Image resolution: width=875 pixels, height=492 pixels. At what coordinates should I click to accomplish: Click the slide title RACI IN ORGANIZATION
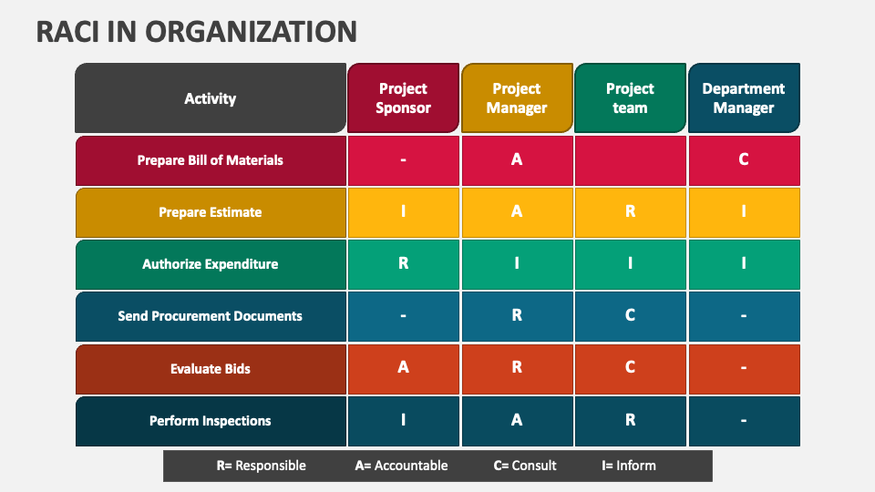196,31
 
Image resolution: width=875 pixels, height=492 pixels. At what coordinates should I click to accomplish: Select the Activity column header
211,98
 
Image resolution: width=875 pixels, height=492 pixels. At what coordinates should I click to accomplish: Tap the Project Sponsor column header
403,98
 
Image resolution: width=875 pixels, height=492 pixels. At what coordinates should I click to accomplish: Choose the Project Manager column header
517,98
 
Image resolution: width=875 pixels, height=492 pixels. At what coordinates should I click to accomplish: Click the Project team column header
630,98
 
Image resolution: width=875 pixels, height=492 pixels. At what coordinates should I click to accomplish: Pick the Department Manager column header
744,98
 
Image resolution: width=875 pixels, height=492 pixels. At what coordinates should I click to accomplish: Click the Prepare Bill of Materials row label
211,160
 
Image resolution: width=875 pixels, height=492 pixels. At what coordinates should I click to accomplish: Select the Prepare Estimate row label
211,212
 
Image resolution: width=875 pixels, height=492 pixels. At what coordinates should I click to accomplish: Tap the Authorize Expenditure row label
211,264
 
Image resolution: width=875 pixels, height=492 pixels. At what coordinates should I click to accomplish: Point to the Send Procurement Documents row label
211,316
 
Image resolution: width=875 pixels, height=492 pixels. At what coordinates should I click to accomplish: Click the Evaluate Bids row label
211,369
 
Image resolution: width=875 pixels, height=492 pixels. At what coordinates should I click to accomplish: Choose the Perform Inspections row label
211,421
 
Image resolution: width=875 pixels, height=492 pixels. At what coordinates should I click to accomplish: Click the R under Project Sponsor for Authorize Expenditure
403,264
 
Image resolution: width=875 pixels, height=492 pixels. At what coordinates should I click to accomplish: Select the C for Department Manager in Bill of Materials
744,160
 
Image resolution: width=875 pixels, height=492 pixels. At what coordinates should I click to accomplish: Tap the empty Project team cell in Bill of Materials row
630,160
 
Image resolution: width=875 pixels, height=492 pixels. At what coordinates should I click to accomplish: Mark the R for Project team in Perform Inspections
630,421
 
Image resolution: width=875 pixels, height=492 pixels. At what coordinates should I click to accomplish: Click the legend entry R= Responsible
261,466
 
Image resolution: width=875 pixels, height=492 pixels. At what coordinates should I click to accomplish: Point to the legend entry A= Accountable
401,466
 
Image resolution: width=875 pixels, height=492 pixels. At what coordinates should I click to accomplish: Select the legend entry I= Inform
628,466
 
